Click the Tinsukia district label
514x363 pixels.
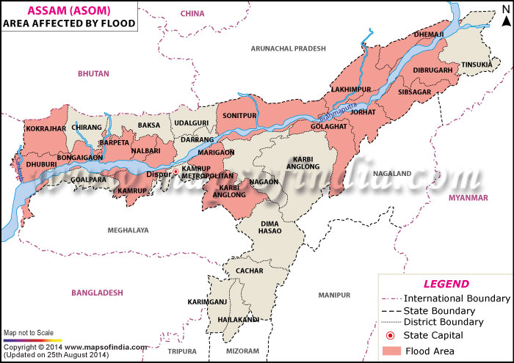(477, 65)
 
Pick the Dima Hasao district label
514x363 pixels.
(269, 226)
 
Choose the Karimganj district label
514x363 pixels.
(207, 301)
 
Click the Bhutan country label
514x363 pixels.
(93, 73)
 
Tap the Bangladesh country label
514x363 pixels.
(96, 293)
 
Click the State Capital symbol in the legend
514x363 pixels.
(391, 335)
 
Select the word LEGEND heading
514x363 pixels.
(446, 284)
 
